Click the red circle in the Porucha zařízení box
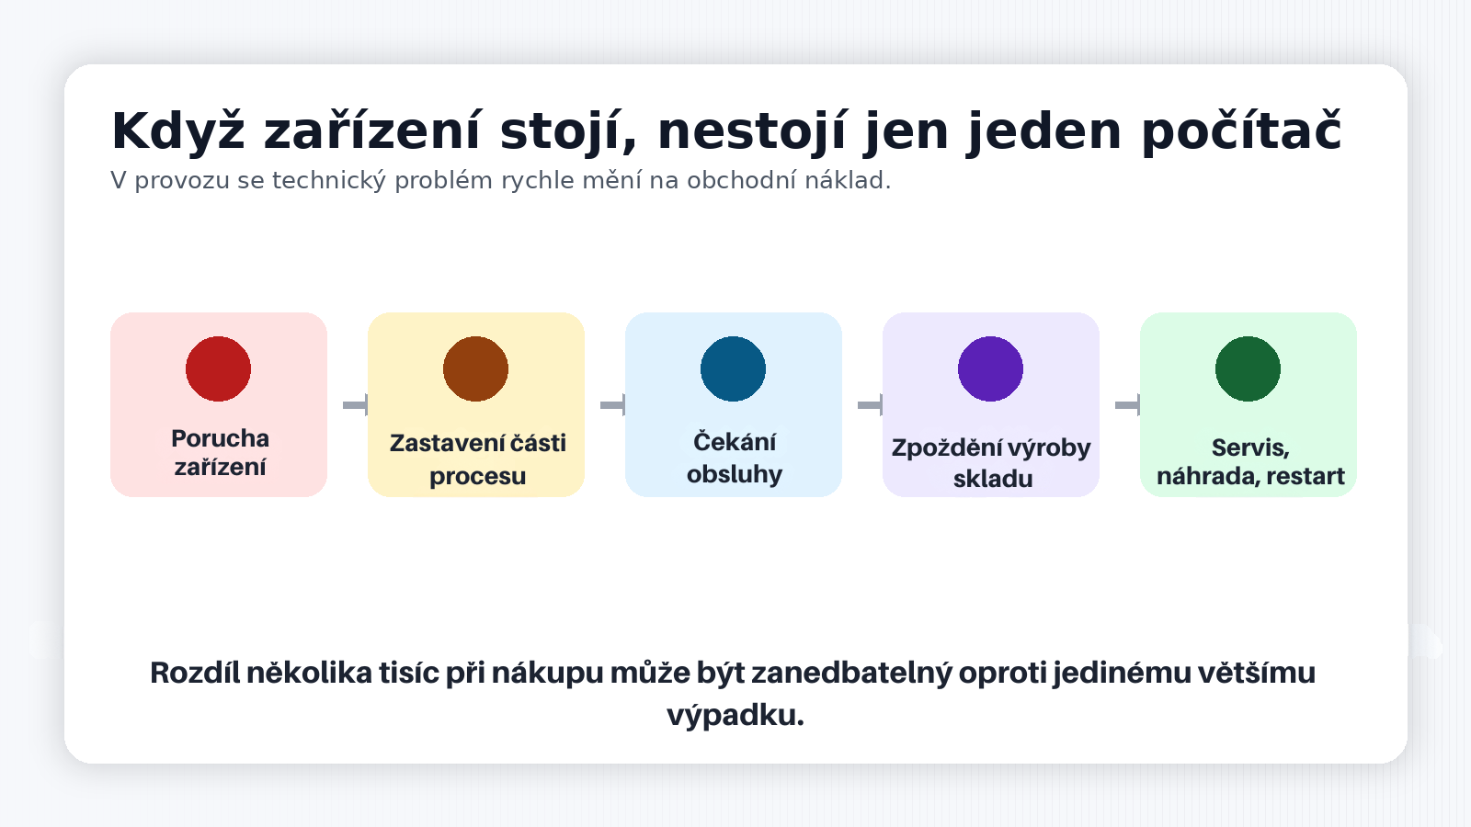click(218, 368)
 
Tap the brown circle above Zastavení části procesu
click(475, 368)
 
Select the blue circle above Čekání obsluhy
click(733, 368)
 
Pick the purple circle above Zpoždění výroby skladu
click(990, 368)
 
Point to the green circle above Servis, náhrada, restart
click(1248, 368)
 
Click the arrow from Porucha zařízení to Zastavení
click(355, 405)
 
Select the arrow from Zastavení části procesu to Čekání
click(612, 405)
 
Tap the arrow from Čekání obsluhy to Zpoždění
click(870, 405)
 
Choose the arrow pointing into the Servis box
click(1127, 405)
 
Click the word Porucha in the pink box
click(220, 438)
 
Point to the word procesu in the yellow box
click(477, 477)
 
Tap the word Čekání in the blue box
click(734, 442)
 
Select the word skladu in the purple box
click(992, 479)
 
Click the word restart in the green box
click(1306, 476)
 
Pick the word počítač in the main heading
click(1241, 131)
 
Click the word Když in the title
click(177, 131)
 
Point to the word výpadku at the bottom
click(735, 715)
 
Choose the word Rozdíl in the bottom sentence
click(194, 673)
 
